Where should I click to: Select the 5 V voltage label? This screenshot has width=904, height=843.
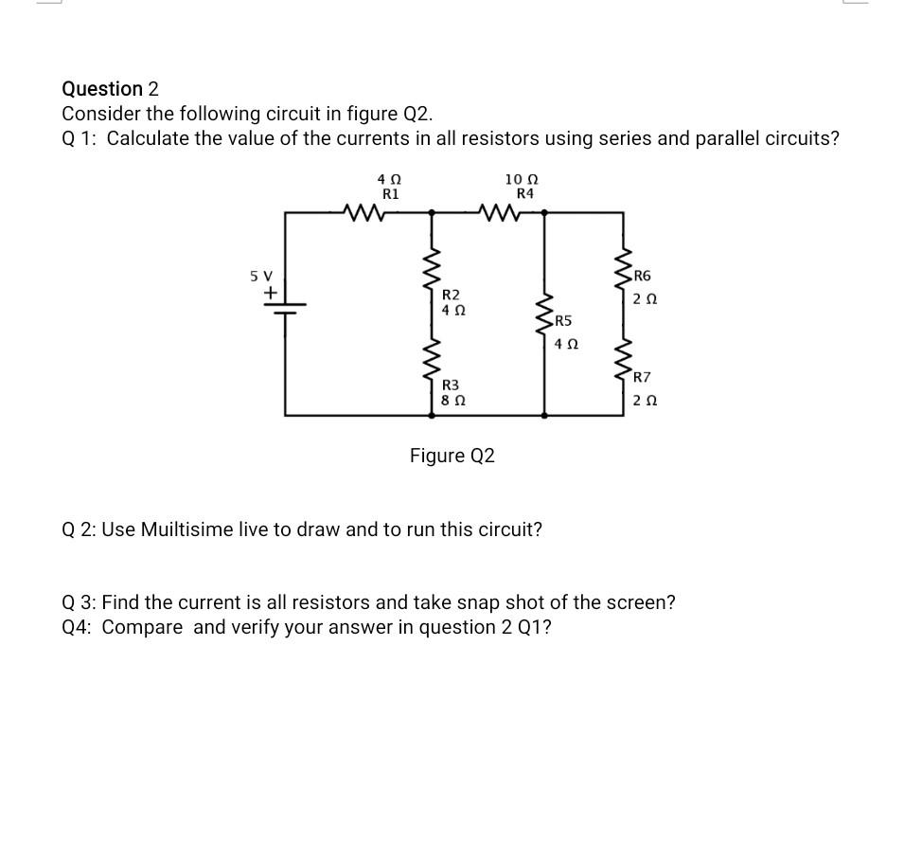point(260,276)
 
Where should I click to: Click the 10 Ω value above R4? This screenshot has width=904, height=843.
point(522,179)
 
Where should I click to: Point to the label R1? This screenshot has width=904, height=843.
point(390,193)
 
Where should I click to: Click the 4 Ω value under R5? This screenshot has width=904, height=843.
point(565,345)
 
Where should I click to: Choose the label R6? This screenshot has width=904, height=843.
point(642,277)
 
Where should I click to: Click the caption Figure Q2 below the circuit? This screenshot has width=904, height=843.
point(452,457)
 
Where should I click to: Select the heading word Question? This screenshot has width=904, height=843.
point(102,89)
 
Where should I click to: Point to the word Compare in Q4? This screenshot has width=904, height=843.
point(142,627)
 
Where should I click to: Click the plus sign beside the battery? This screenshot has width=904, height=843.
point(270,294)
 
